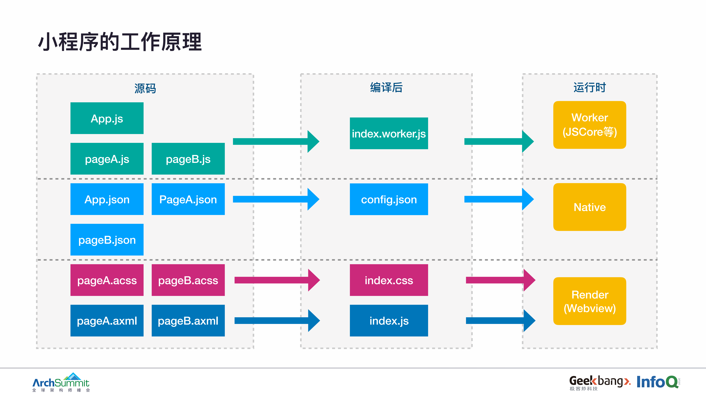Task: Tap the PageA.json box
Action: [x=188, y=199]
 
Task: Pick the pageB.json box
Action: [x=107, y=240]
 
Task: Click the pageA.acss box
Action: [x=107, y=280]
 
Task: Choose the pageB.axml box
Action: [x=188, y=321]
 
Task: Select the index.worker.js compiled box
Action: [x=389, y=133]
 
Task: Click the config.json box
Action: [x=389, y=199]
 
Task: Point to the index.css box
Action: [x=389, y=280]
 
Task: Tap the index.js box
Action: [x=389, y=321]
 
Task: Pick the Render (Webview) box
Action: [x=589, y=301]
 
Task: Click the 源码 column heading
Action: [x=145, y=88]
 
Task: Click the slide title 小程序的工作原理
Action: [x=120, y=42]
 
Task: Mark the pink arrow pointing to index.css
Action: [x=277, y=280]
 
